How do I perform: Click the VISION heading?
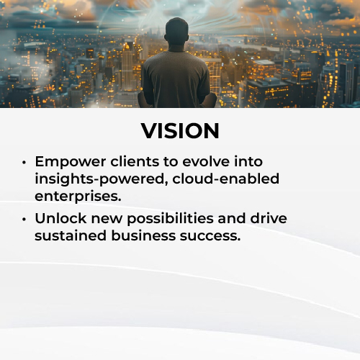tap(180, 131)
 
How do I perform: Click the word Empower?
tap(71, 163)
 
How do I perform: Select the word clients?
tap(135, 161)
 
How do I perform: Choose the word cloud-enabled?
tap(226, 179)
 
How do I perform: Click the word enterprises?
tap(78, 197)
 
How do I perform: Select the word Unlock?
tap(60, 218)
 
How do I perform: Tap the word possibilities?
tap(170, 219)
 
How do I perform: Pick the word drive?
tap(269, 218)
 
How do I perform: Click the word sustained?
tap(71, 235)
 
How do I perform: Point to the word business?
tap(143, 235)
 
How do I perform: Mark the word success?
tap(210, 236)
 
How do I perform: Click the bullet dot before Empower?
tap(24, 163)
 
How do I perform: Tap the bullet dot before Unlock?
tap(24, 219)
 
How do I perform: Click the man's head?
tap(176, 32)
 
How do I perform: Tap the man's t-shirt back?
tap(176, 77)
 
